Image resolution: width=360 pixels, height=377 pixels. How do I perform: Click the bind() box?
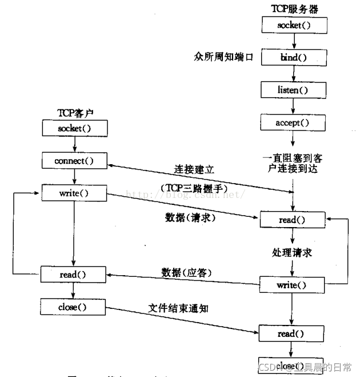[294, 57]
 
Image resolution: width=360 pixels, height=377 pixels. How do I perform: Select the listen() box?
[294, 90]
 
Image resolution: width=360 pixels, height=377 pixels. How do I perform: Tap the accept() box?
[294, 122]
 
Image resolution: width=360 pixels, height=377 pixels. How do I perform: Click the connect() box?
[74, 161]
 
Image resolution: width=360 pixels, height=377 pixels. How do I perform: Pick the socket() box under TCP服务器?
[294, 25]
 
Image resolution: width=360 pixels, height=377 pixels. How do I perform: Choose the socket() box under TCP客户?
[74, 128]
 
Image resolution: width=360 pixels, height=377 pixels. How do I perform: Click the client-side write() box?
[74, 193]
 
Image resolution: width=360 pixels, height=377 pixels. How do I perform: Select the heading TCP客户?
[74, 113]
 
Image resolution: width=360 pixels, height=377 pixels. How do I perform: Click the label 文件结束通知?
[179, 308]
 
